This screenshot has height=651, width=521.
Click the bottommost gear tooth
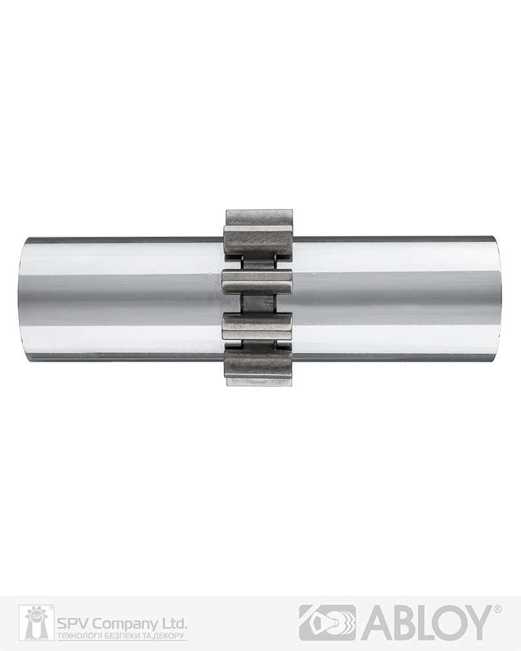[x=259, y=367]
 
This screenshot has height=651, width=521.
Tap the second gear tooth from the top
[x=257, y=282]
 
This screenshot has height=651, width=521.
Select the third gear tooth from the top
[x=257, y=327]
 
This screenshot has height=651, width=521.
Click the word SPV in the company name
[x=69, y=624]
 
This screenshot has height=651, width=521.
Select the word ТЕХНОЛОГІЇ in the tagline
[x=77, y=636]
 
